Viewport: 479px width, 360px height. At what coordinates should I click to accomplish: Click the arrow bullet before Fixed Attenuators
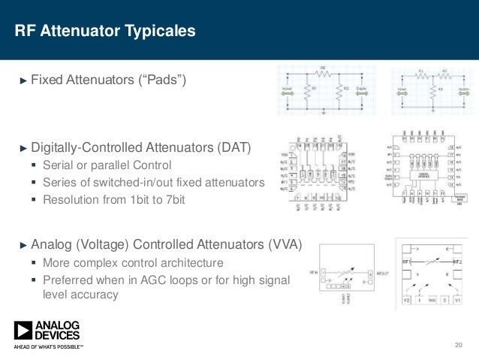22,80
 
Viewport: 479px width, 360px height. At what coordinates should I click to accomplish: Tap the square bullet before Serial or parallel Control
34,165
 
